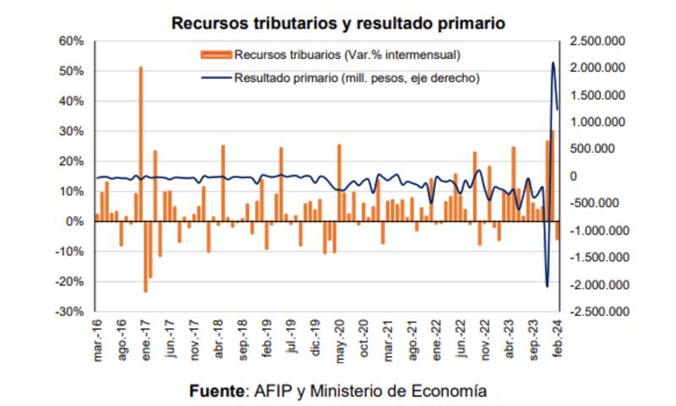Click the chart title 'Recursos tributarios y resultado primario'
pos(338,23)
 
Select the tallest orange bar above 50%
pos(140,143)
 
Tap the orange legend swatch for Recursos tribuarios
pos(215,56)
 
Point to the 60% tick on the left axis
pos(71,41)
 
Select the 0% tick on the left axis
pos(74,221)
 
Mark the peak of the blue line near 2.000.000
pos(553,62)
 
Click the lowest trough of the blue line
pos(547,287)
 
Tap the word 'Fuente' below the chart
pos(215,391)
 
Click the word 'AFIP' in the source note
pos(272,391)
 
